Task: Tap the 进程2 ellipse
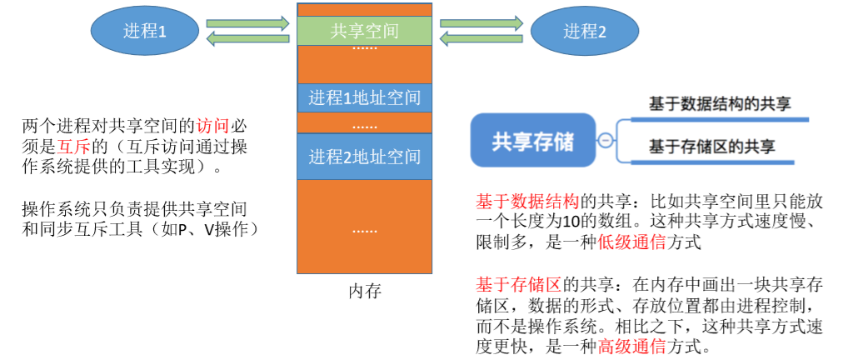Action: coord(585,32)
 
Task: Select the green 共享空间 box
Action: coord(364,31)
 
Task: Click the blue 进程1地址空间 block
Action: coord(364,97)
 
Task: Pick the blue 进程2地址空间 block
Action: coord(364,156)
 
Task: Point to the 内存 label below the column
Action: coord(364,292)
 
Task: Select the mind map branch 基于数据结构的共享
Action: coord(720,104)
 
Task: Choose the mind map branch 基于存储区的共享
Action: coord(712,147)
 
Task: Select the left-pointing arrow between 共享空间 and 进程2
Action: coord(481,38)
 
